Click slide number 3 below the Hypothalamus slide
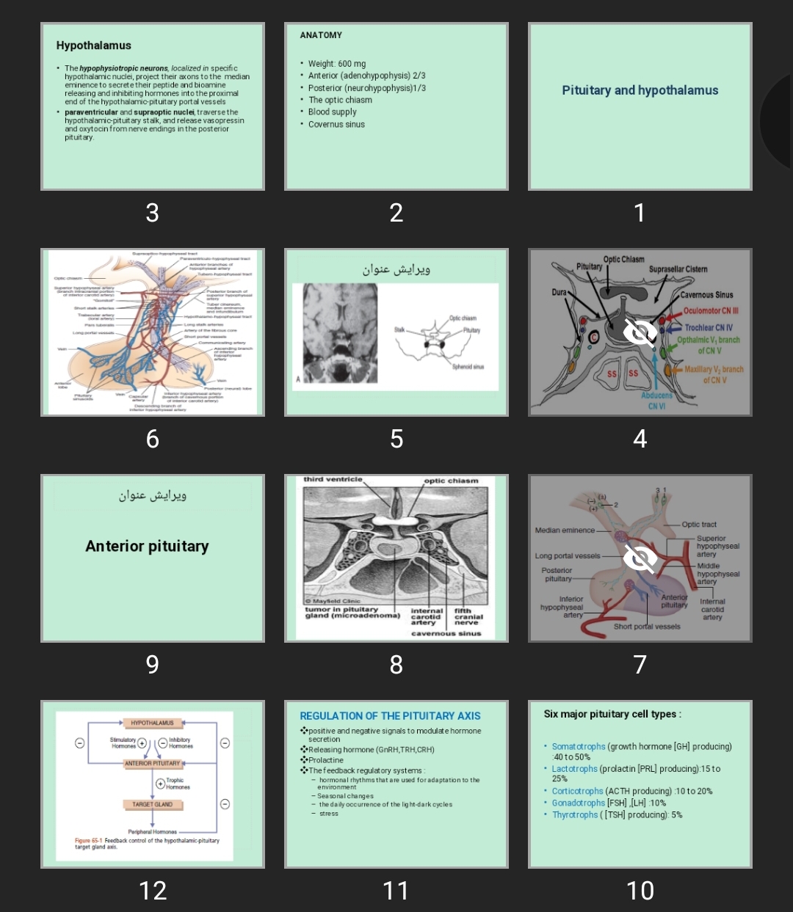[152, 213]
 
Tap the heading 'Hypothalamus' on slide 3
[93, 45]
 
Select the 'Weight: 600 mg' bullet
[337, 64]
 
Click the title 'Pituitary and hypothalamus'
[640, 90]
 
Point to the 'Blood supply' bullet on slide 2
[332, 112]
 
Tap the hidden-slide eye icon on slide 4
[640, 333]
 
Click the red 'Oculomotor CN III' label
[710, 311]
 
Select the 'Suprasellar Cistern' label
[678, 269]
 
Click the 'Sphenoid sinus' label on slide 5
[468, 367]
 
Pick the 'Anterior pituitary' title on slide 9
[147, 546]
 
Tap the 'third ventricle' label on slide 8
[333, 480]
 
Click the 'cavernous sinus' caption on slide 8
[446, 633]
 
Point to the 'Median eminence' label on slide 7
[565, 530]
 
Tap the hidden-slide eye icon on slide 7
[640, 558]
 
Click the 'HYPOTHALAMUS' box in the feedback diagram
[152, 723]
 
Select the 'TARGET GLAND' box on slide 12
[152, 805]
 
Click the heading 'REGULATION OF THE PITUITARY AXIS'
[390, 716]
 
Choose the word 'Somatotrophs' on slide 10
[579, 747]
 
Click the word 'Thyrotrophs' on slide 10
[575, 815]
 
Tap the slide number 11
[396, 891]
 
